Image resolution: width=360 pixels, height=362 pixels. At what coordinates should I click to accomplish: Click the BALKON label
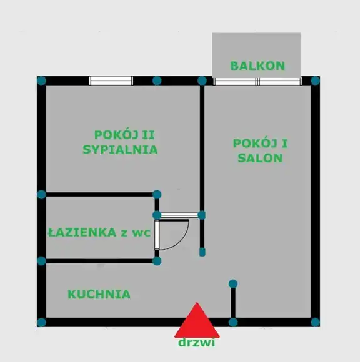(x=257, y=66)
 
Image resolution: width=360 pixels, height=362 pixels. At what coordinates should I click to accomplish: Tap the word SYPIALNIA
(x=120, y=150)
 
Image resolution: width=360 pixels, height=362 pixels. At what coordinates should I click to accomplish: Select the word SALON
(x=261, y=158)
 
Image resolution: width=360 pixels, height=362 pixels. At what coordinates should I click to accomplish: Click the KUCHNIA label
(x=99, y=295)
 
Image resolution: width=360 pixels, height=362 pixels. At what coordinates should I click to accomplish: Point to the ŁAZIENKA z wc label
(x=99, y=232)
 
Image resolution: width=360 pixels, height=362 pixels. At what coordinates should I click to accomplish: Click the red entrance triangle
(x=197, y=320)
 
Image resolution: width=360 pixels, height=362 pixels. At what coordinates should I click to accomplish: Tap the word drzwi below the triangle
(x=197, y=343)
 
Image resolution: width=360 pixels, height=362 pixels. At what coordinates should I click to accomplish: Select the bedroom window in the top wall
(x=111, y=81)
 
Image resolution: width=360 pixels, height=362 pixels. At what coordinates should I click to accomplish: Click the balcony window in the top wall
(x=257, y=82)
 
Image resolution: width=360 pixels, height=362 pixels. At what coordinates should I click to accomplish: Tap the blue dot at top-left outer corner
(x=42, y=81)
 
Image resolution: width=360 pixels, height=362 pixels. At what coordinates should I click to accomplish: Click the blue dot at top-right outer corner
(x=316, y=81)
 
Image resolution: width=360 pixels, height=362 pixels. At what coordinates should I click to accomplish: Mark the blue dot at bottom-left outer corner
(x=42, y=322)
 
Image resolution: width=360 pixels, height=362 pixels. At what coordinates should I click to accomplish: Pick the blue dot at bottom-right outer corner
(x=316, y=322)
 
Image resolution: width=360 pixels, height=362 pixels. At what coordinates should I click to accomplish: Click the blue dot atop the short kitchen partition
(x=233, y=284)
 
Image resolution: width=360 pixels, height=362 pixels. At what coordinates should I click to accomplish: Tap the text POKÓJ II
(x=124, y=135)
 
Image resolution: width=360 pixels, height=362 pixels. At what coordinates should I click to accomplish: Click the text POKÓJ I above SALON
(x=261, y=144)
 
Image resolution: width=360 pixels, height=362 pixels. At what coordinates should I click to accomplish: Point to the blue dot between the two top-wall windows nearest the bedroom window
(x=157, y=81)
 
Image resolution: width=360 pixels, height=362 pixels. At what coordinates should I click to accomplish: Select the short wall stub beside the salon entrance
(x=202, y=236)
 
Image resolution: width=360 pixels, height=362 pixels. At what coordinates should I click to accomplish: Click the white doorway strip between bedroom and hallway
(x=179, y=215)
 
